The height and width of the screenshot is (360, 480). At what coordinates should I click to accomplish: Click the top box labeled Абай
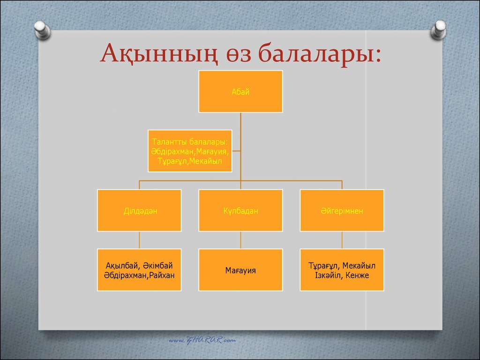tap(240, 91)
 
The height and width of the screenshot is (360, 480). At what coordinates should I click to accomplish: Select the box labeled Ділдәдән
tap(139, 210)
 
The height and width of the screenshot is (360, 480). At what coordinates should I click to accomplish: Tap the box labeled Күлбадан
tap(240, 210)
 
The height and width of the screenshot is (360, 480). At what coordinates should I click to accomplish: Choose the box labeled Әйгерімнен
tap(342, 210)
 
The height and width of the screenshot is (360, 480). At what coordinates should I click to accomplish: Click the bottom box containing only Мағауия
tap(240, 270)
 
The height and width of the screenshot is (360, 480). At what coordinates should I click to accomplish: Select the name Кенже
tap(357, 275)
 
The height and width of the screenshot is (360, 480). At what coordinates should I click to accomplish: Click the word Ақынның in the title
tap(158, 53)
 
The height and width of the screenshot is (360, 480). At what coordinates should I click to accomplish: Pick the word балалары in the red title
tap(316, 53)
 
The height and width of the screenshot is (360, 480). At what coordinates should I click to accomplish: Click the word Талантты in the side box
tap(169, 142)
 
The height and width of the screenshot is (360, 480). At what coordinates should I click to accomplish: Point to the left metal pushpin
tap(42, 30)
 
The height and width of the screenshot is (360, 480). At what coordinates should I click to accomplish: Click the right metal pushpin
tap(438, 30)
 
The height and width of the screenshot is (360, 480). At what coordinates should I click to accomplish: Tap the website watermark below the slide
tap(202, 340)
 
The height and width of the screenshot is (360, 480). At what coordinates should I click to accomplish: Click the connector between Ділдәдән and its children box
tap(139, 240)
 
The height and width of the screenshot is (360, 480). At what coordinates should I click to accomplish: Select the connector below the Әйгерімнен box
tap(342, 240)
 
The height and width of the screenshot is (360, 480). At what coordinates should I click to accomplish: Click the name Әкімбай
tap(158, 265)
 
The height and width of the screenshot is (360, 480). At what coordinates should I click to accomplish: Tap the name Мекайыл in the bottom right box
tap(359, 265)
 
